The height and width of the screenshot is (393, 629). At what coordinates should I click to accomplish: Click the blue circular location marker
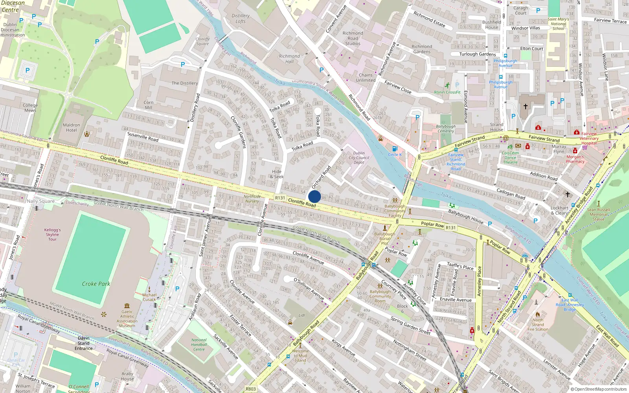tap(314, 196)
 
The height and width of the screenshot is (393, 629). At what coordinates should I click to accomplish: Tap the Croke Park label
tap(96, 284)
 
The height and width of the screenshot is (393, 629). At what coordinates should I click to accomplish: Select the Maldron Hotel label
tap(71, 128)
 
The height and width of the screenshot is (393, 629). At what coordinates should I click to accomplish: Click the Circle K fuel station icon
tap(395, 149)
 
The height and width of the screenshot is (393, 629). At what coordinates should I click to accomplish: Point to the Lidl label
tap(302, 315)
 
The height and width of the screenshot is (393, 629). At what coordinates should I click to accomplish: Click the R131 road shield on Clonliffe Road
tap(280, 198)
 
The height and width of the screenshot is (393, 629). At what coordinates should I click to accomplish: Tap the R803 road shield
tap(250, 389)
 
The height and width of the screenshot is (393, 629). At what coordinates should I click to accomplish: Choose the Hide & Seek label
tap(277, 174)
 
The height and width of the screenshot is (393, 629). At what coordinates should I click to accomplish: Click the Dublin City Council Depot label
tap(359, 158)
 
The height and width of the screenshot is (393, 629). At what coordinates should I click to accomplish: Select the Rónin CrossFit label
tap(447, 92)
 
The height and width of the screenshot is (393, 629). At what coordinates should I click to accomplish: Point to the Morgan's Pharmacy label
tap(575, 159)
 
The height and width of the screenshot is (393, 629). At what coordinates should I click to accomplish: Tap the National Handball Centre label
tap(199, 345)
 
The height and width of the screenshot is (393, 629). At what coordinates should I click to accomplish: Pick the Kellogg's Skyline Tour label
tap(52, 234)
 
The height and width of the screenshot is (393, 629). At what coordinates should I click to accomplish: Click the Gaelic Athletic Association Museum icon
tap(127, 306)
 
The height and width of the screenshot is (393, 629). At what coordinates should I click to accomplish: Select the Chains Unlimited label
tap(366, 77)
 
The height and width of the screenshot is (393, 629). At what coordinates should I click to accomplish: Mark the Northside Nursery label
tap(252, 198)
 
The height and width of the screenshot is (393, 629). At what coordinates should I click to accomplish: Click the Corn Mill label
tap(149, 105)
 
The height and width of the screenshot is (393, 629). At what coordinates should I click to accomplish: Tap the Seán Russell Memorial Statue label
tap(599, 214)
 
